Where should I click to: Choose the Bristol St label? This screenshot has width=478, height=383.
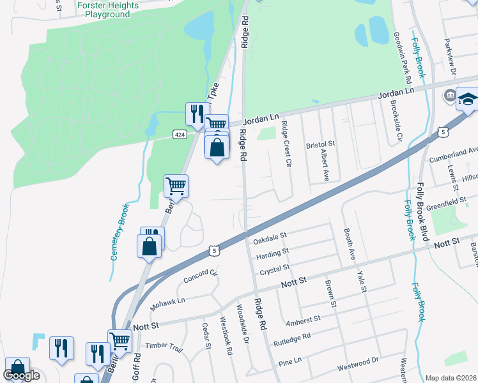point(321,146)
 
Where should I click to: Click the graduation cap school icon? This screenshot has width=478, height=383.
point(469,100)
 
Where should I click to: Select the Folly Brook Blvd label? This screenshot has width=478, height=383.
point(421,211)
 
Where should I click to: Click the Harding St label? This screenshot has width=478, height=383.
point(272,254)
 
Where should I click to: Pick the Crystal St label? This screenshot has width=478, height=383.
point(275,267)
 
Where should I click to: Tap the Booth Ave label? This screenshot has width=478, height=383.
point(350,243)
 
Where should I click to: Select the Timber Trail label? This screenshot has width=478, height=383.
point(164,347)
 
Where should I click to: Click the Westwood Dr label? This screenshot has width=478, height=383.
point(358,363)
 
